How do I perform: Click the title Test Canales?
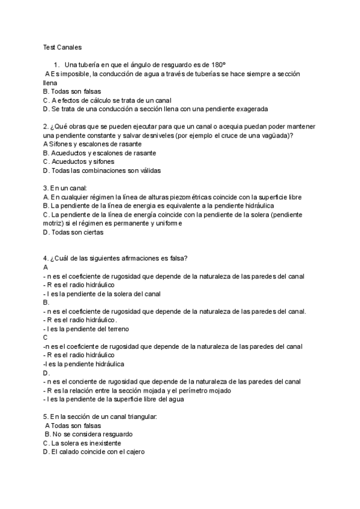pos(62,47)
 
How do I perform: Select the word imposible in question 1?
pos(68,74)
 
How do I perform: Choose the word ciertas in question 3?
pos(91,232)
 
